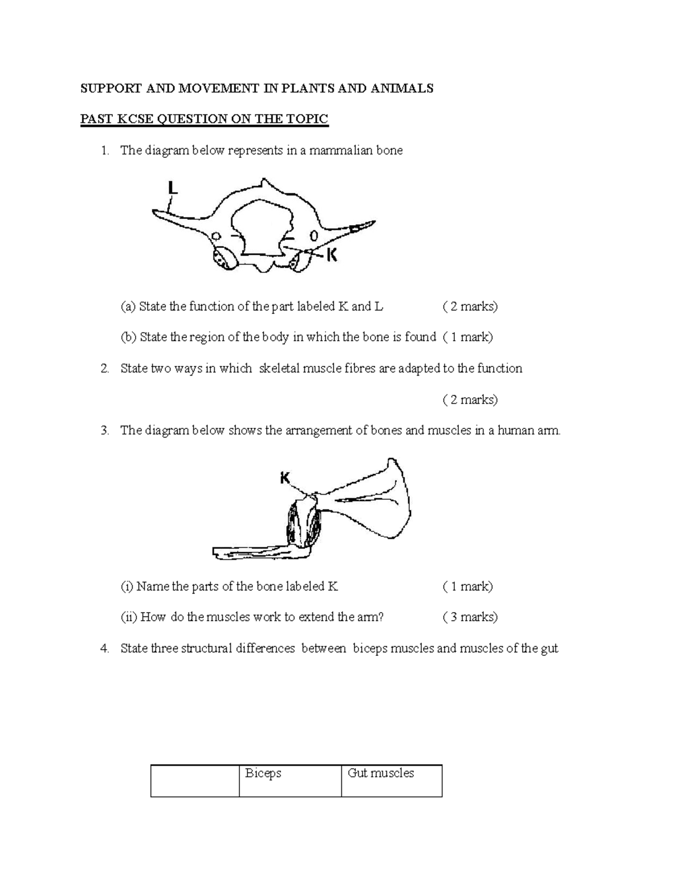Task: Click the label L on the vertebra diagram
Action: click(x=172, y=188)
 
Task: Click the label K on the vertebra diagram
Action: click(x=331, y=255)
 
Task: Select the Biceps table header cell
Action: click(x=290, y=780)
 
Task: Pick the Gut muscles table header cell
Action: click(x=392, y=780)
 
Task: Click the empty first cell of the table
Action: click(x=195, y=780)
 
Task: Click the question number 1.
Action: click(x=104, y=150)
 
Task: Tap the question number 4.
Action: click(x=104, y=649)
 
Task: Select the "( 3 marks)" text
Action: click(x=470, y=617)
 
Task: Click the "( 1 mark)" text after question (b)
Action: click(x=467, y=337)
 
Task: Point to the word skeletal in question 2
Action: click(x=279, y=369)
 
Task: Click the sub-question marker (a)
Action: click(x=128, y=307)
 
